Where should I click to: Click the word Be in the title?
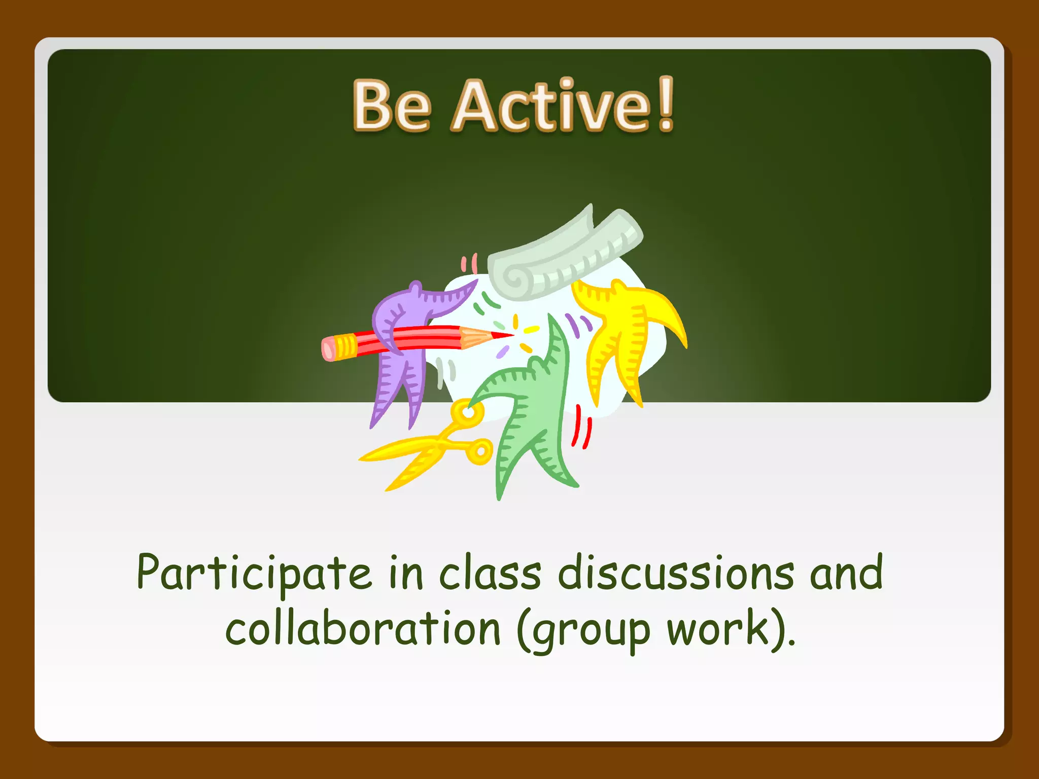click(392, 106)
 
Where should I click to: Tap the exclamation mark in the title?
click(665, 104)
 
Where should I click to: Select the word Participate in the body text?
click(254, 574)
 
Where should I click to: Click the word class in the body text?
click(490, 574)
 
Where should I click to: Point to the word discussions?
click(675, 574)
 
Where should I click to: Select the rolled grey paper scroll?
click(563, 254)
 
